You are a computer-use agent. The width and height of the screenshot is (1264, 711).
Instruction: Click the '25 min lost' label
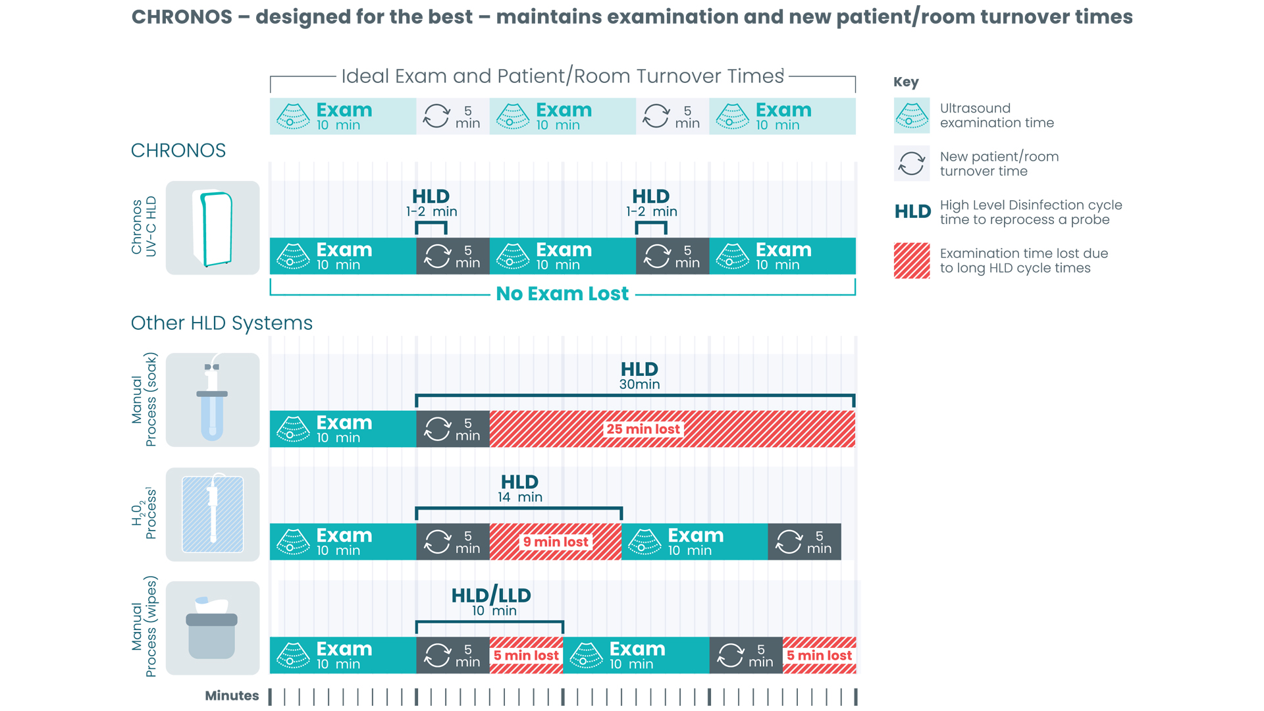click(x=643, y=429)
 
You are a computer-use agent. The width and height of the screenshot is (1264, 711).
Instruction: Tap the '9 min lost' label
click(x=555, y=542)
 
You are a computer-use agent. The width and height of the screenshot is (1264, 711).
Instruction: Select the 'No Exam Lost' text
click(x=562, y=294)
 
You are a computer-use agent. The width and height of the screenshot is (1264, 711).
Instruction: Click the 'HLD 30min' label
click(x=639, y=375)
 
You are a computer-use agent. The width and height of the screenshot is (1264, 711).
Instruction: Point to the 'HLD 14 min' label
click(x=519, y=488)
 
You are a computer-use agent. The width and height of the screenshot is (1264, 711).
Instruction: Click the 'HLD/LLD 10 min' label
click(x=491, y=602)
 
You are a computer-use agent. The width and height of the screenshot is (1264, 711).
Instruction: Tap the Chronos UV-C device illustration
click(x=213, y=228)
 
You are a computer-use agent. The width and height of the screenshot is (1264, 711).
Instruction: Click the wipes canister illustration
click(x=212, y=628)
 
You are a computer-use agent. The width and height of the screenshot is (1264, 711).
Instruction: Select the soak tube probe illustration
click(x=212, y=400)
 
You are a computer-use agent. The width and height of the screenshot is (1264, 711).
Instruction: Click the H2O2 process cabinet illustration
click(x=212, y=514)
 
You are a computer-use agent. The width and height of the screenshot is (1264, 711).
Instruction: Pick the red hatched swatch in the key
click(x=912, y=261)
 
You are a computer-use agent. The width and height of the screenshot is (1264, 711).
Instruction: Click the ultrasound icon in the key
click(x=912, y=116)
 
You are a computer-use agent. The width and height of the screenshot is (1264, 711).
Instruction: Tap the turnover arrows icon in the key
click(x=912, y=163)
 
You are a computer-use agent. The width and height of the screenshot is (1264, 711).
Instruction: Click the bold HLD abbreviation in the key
click(x=912, y=212)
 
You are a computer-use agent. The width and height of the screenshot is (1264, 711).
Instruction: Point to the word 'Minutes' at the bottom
click(x=232, y=696)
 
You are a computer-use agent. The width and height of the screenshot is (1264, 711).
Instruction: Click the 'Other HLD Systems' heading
click(x=221, y=323)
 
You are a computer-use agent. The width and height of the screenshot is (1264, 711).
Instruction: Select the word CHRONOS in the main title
click(x=182, y=17)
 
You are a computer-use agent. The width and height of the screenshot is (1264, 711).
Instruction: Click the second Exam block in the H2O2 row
click(x=694, y=542)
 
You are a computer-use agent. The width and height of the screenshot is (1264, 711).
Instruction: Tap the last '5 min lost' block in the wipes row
click(x=819, y=655)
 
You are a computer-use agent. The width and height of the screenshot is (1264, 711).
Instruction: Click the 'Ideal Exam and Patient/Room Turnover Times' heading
click(x=562, y=76)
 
